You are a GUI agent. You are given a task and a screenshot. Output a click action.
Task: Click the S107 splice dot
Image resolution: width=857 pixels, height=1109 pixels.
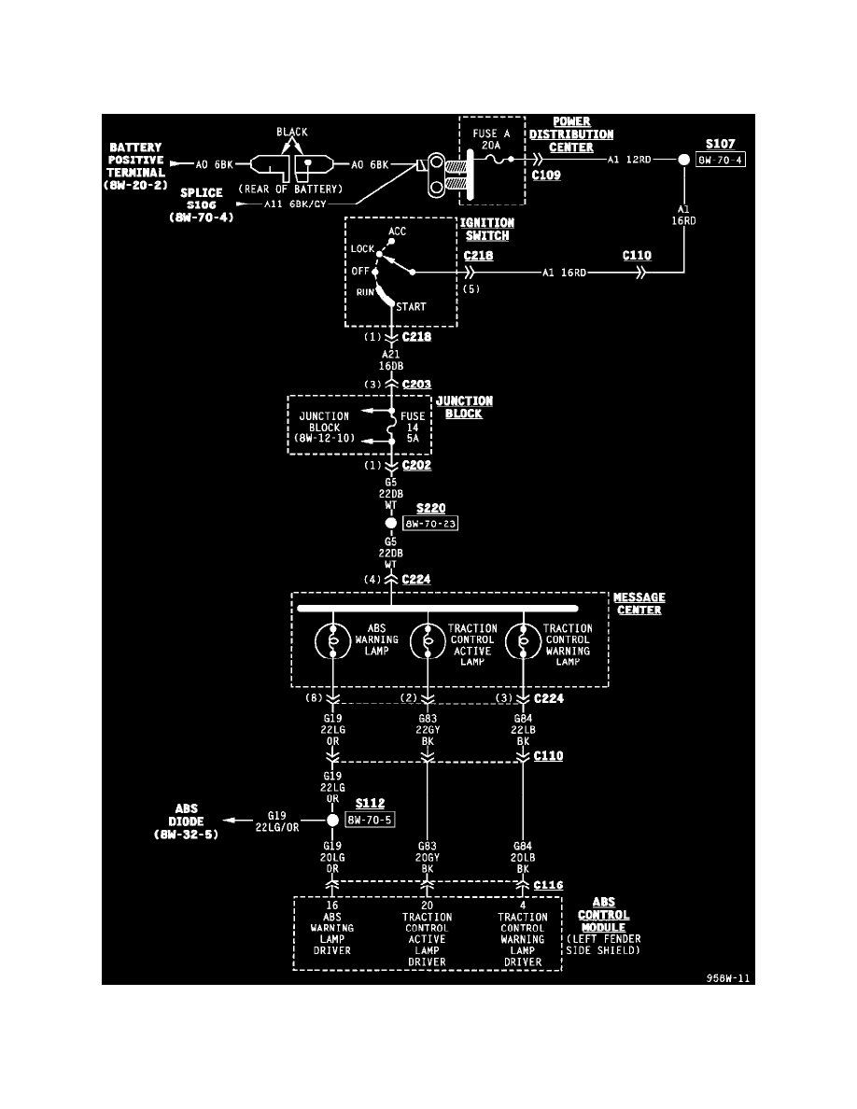click(x=684, y=160)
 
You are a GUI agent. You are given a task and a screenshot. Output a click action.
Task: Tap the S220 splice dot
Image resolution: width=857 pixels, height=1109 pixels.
click(x=392, y=523)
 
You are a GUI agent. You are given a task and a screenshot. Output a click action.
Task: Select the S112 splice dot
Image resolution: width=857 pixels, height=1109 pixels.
click(x=332, y=821)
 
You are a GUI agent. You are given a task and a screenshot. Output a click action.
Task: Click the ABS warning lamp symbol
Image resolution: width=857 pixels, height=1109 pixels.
click(x=332, y=643)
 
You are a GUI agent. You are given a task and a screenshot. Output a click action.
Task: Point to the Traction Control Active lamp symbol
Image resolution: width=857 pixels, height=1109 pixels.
click(x=428, y=643)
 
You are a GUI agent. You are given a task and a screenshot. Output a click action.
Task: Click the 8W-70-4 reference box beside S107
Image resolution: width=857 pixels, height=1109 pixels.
click(x=720, y=160)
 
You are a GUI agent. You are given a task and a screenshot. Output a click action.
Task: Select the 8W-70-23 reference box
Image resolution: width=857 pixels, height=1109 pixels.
click(x=430, y=524)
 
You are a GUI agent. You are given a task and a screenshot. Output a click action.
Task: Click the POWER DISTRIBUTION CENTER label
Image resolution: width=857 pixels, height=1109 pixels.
click(x=571, y=134)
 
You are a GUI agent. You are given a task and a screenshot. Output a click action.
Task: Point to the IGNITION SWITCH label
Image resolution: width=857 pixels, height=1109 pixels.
click(x=486, y=230)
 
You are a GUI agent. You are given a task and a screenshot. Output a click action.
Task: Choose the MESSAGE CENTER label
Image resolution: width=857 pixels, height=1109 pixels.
click(x=639, y=604)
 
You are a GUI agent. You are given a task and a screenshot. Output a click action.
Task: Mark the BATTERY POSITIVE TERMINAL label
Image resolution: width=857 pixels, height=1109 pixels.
click(x=136, y=166)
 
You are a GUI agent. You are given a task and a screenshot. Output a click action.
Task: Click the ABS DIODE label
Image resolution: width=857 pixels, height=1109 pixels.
click(x=187, y=821)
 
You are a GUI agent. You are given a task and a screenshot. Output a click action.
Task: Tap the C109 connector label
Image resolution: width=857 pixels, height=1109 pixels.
click(x=546, y=175)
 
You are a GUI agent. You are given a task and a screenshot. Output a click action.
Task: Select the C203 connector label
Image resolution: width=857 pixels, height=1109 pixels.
click(x=416, y=384)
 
